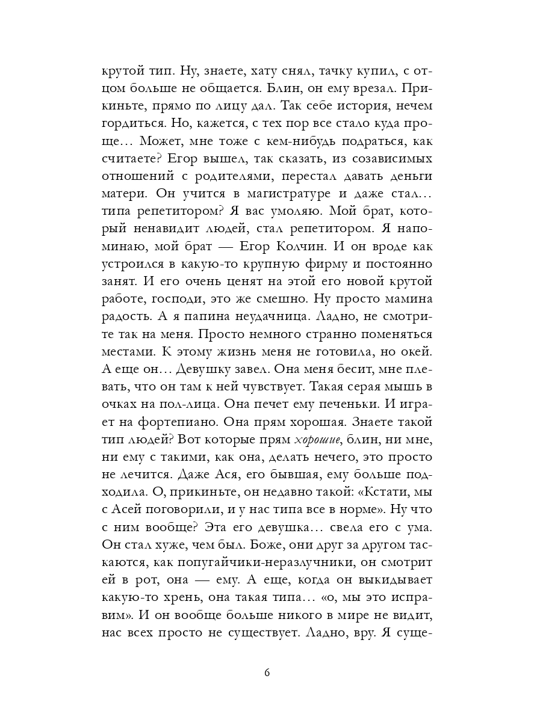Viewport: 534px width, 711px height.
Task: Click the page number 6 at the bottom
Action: coord(267,673)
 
